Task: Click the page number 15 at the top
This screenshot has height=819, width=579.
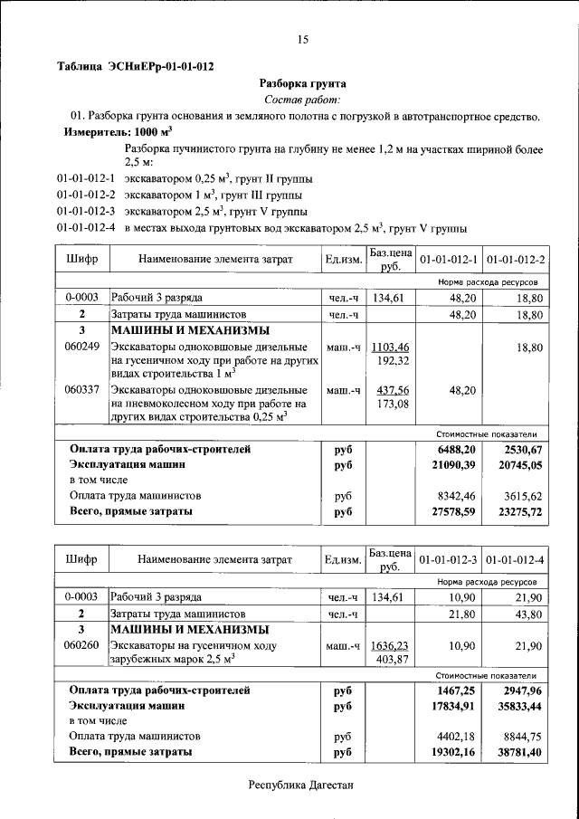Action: point(302,38)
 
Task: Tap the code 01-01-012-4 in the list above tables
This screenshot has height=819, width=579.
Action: point(85,227)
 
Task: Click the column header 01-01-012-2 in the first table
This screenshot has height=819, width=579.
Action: point(516,260)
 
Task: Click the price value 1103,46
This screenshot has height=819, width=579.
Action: point(391,347)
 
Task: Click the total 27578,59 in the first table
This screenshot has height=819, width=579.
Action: point(450,511)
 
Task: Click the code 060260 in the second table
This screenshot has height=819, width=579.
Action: point(81,645)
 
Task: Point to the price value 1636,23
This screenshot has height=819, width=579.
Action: point(391,645)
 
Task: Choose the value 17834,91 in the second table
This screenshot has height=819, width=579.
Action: point(450,705)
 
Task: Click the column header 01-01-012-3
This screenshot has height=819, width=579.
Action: point(449,560)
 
